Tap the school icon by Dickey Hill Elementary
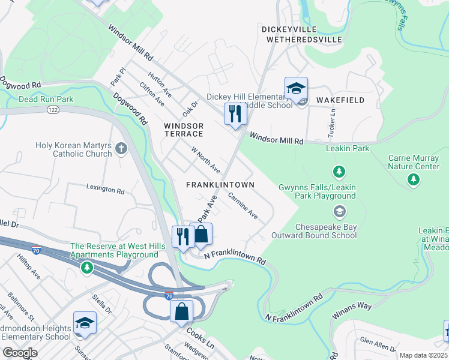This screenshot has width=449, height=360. tap(296, 88)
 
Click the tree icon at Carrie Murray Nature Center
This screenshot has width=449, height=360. tap(413, 179)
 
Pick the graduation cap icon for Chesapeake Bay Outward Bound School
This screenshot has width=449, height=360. tap(339, 211)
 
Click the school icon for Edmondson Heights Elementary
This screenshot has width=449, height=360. tap(84, 323)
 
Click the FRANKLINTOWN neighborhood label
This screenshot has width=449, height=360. tap(220, 185)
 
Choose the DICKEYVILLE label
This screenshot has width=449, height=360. tap(301, 29)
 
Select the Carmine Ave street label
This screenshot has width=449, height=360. tap(243, 206)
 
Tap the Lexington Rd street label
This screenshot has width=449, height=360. tap(104, 190)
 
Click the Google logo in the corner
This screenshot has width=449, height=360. tap(20, 353)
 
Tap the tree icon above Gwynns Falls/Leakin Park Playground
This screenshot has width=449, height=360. tap(339, 172)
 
